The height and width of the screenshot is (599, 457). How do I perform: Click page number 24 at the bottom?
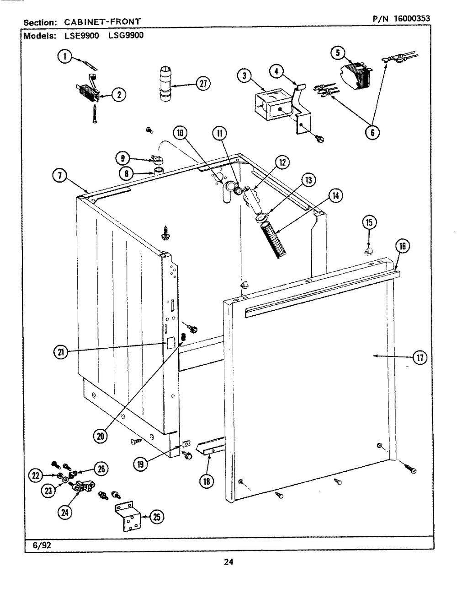229,562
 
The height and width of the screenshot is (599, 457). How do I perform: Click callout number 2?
118,95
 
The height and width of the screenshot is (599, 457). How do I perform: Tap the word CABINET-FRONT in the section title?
102,21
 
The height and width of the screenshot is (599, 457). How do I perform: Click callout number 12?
282,162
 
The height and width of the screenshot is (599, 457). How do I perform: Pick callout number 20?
100,436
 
